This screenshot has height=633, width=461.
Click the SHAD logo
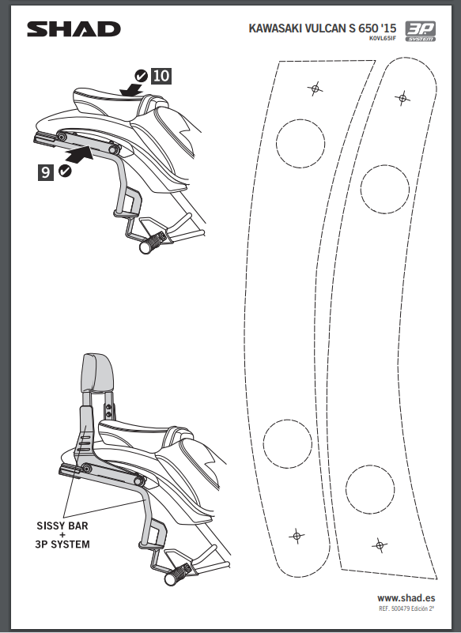click(x=74, y=29)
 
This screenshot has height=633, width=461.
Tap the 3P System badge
click(x=420, y=31)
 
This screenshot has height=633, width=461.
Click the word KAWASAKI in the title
click(x=274, y=28)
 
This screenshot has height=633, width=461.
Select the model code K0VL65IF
click(x=382, y=39)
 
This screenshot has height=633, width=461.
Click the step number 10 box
click(x=161, y=76)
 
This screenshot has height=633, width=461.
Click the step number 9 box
click(x=46, y=172)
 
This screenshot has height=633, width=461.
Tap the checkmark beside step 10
click(x=141, y=76)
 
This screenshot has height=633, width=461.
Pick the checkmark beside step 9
click(x=65, y=171)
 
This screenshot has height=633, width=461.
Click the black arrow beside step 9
click(x=78, y=155)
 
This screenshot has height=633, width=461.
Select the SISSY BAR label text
click(x=62, y=526)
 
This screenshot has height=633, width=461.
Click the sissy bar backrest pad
click(x=97, y=373)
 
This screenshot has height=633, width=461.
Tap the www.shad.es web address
click(x=406, y=598)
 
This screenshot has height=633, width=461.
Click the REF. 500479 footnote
click(x=406, y=609)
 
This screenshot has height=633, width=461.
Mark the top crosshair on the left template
click(x=316, y=88)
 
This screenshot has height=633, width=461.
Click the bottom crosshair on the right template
click(x=380, y=546)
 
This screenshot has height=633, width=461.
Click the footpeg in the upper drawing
click(x=152, y=241)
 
